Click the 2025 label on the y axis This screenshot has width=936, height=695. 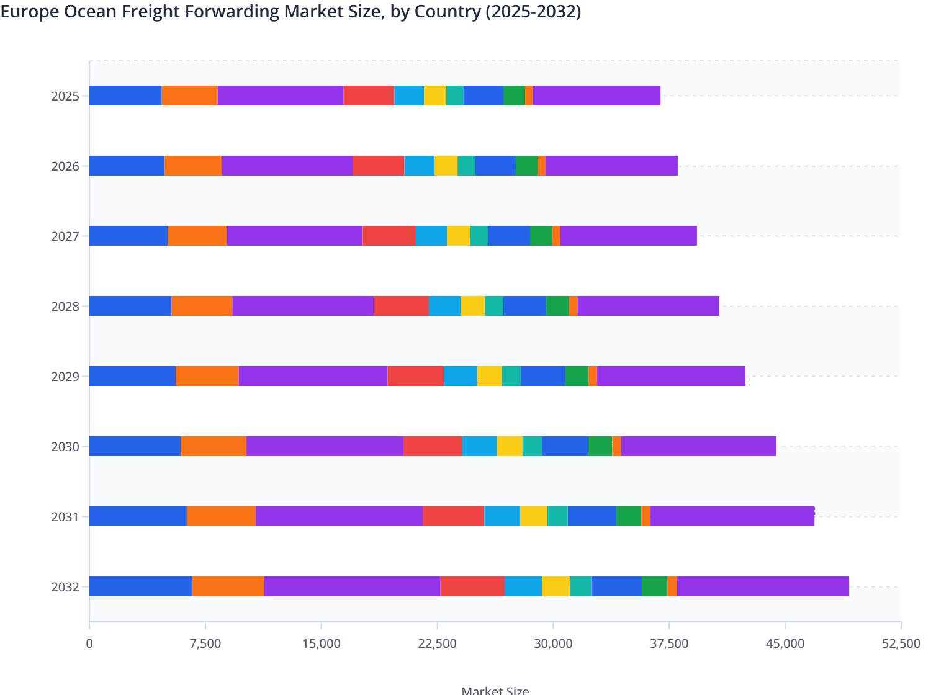coord(65,96)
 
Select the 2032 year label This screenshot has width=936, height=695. coord(65,587)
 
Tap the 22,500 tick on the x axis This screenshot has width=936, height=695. coord(438,643)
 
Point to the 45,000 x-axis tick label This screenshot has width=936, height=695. coord(785,643)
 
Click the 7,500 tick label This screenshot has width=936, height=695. coord(205,643)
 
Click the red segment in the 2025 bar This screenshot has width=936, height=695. coord(369,96)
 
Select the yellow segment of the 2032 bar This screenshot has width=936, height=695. coord(556,586)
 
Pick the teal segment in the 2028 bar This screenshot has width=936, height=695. coord(494,306)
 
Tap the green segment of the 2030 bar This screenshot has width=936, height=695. coord(600,446)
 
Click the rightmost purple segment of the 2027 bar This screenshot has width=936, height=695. coord(628,236)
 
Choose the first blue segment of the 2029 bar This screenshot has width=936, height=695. coord(132,376)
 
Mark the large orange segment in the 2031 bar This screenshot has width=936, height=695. coord(221,516)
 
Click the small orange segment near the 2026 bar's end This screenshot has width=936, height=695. coord(542,166)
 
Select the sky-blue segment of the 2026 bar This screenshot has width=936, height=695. coord(419,166)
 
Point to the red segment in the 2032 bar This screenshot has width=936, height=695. coord(472,586)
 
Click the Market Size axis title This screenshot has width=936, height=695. coord(495,690)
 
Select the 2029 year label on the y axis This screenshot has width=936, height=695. coord(65,377)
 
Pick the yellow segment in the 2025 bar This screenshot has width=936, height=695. coord(435,96)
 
